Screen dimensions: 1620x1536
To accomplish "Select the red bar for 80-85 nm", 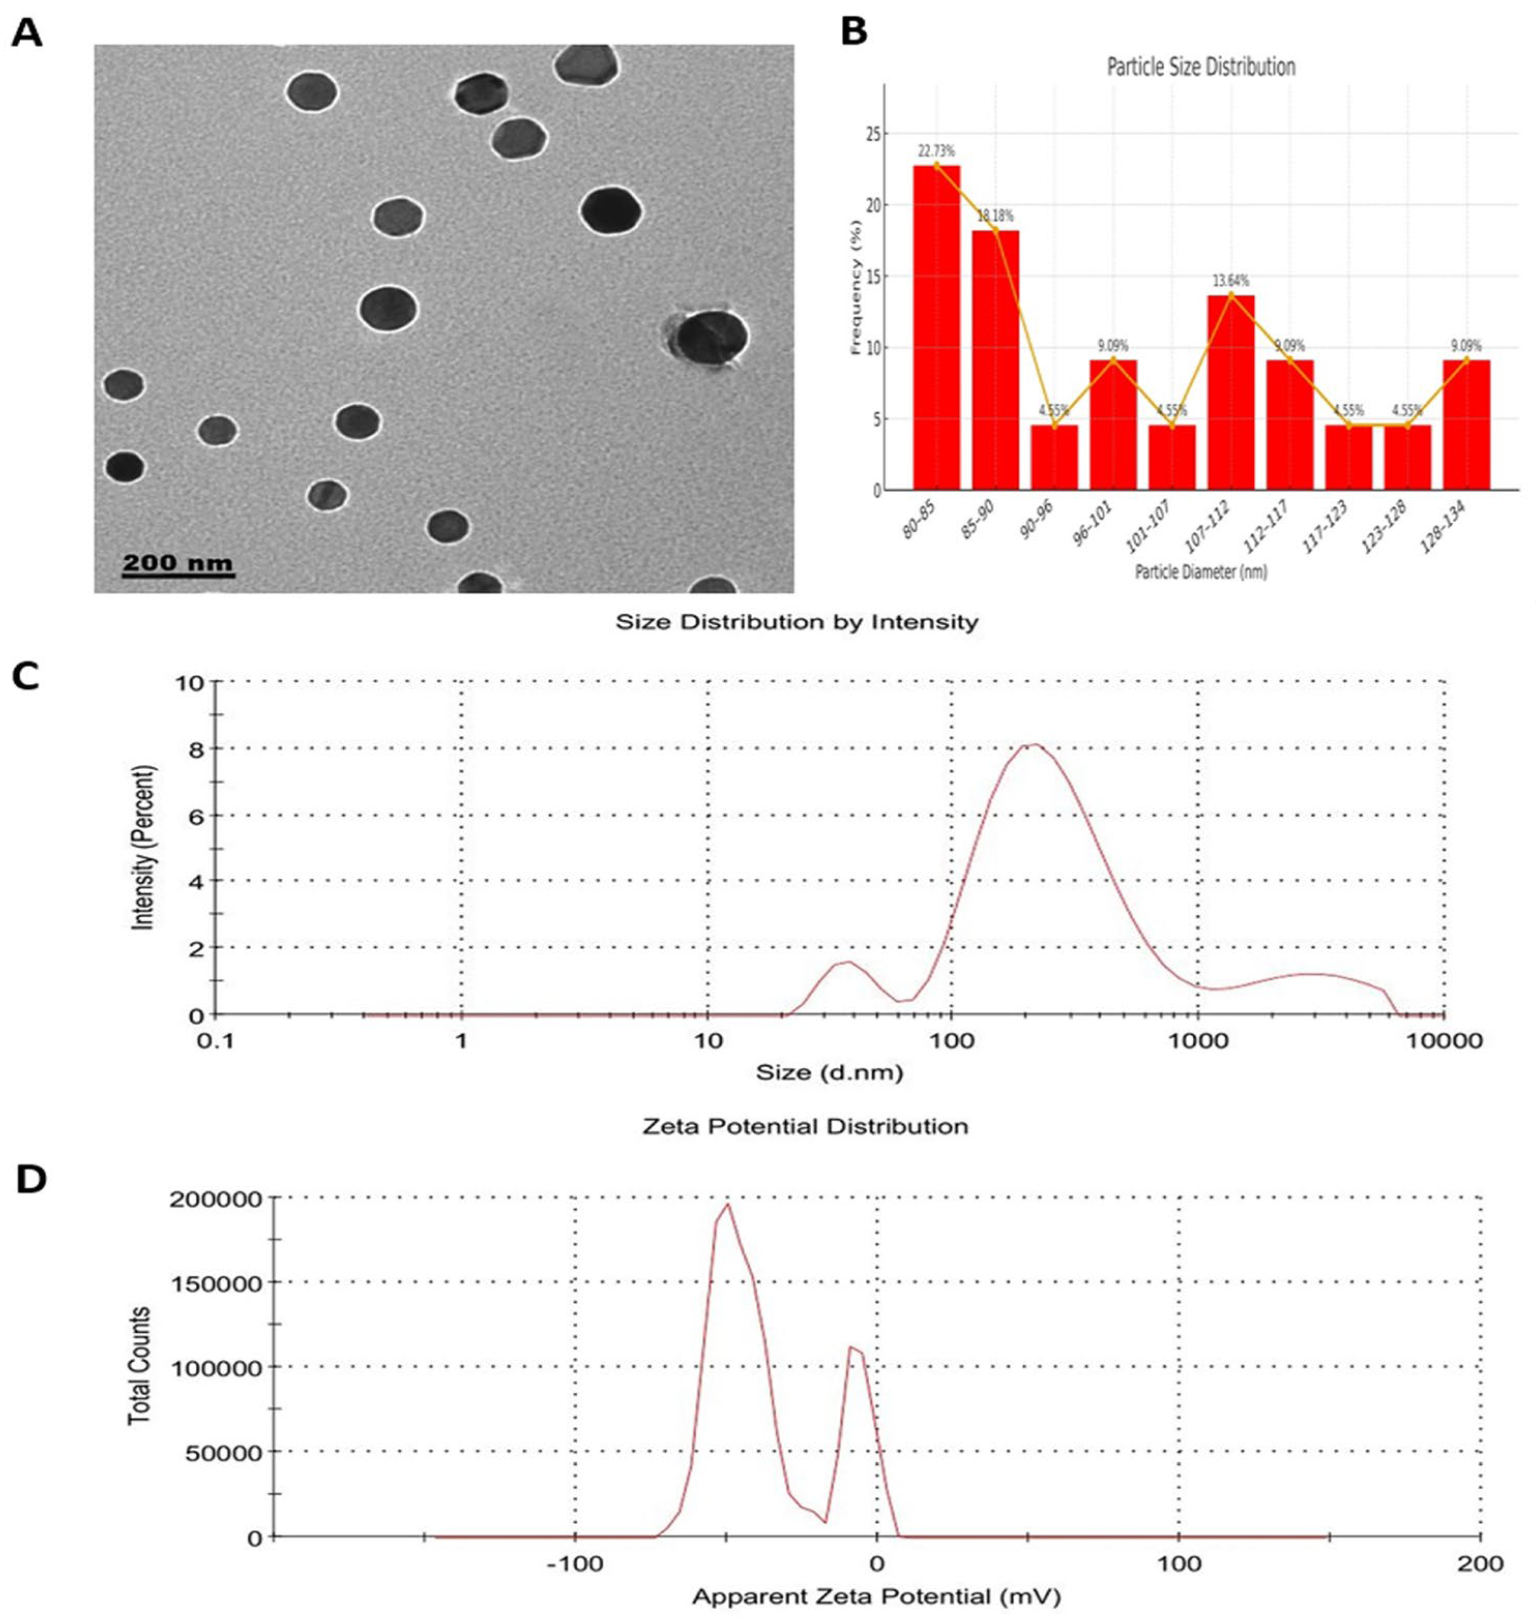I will [x=937, y=328].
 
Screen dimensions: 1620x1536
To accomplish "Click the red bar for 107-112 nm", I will [x=1231, y=393].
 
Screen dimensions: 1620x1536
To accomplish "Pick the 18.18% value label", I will [x=996, y=216].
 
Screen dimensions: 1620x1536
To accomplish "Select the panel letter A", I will [x=26, y=34].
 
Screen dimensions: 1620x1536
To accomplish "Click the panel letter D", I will [x=31, y=1181].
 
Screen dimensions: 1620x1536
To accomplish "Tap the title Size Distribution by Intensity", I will [x=797, y=622].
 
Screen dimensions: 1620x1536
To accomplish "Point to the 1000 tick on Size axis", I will [x=1198, y=1041].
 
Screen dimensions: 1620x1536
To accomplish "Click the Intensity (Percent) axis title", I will [x=143, y=847].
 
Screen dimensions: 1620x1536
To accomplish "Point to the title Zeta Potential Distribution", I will [x=805, y=1126].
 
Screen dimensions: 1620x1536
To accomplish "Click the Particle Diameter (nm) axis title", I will [x=1201, y=572].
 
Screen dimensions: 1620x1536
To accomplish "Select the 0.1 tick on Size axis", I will [x=216, y=1041].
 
